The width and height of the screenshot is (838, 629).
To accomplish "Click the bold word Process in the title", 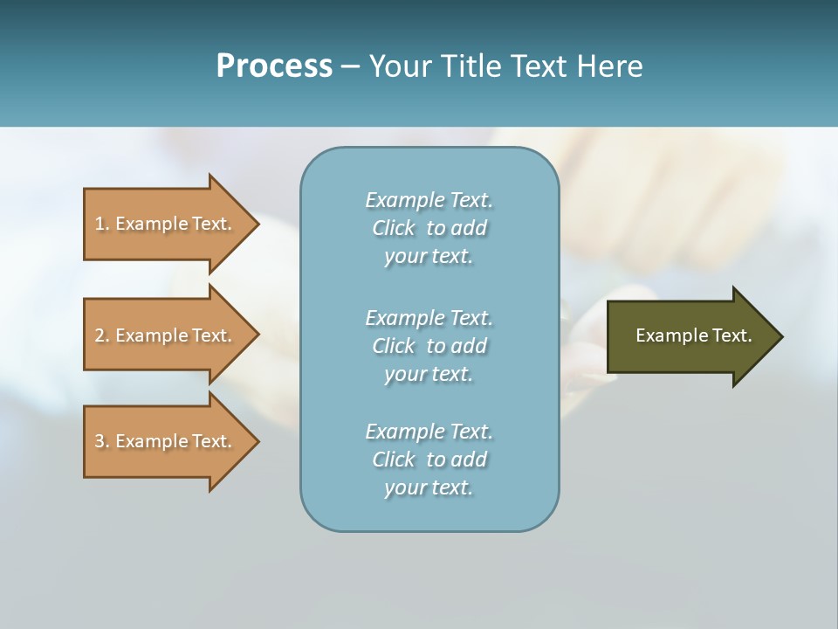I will pyautogui.click(x=274, y=66).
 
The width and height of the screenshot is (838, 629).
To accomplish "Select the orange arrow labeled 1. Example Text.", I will pyautogui.click(x=166, y=224).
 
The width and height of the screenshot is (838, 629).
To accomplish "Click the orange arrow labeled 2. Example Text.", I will pyautogui.click(x=166, y=335).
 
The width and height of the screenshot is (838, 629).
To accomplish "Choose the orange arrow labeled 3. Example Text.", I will pyautogui.click(x=166, y=441).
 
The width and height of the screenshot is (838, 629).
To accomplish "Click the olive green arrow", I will pyautogui.click(x=690, y=336).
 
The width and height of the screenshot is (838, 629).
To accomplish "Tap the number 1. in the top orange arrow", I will pyautogui.click(x=102, y=224).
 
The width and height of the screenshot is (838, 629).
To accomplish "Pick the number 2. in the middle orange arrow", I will pyautogui.click(x=102, y=335).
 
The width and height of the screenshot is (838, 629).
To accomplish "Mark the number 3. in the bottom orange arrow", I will pyautogui.click(x=102, y=441).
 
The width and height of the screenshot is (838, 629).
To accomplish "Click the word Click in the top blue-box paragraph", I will pyautogui.click(x=393, y=228).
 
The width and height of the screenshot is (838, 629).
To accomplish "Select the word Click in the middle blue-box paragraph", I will pyautogui.click(x=393, y=346).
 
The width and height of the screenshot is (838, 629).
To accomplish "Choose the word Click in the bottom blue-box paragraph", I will pyautogui.click(x=393, y=460).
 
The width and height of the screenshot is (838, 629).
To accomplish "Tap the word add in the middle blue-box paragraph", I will pyautogui.click(x=469, y=346).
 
